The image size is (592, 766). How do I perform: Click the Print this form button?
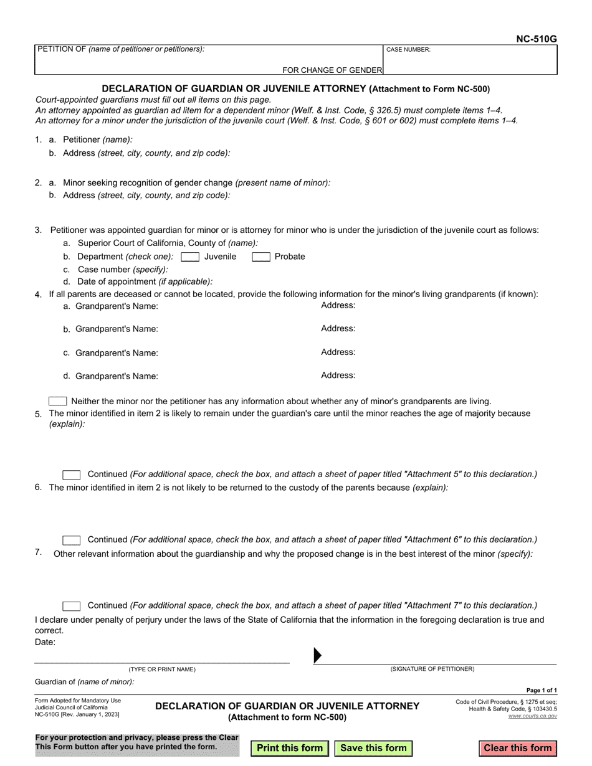coord(290,748)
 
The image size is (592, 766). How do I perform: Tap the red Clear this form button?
coord(517,748)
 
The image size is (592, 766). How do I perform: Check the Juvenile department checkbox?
coord(190,257)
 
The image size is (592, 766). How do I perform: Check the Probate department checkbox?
coord(260,257)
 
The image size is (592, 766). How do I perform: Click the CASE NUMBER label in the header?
coord(408,50)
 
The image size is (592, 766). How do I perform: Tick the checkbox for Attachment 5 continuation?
coord(72,475)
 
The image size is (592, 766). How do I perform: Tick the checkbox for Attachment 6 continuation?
coord(72,540)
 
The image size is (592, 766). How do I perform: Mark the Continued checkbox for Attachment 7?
coord(72,606)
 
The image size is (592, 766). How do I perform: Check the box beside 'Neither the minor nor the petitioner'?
coord(58,401)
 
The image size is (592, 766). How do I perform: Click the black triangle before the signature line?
coord(317,655)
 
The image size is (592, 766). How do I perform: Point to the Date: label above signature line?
coord(45,642)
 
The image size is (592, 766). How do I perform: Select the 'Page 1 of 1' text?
coord(542,690)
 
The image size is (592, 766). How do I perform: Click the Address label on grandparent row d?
coord(338,376)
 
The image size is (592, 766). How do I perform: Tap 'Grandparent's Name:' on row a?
coord(117,306)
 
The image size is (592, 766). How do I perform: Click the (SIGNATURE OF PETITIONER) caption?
coord(432,669)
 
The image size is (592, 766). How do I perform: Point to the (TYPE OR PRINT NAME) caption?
coord(162,669)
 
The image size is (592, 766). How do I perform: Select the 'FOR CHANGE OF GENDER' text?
coord(332,70)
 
